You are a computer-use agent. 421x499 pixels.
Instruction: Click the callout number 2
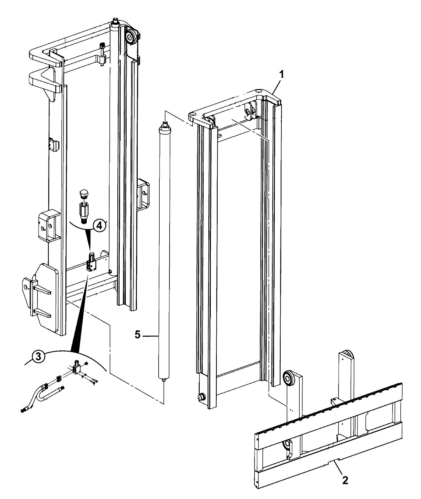345,480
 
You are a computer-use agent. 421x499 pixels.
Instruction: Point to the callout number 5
137,335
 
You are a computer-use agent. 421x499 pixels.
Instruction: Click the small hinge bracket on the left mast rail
54,145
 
